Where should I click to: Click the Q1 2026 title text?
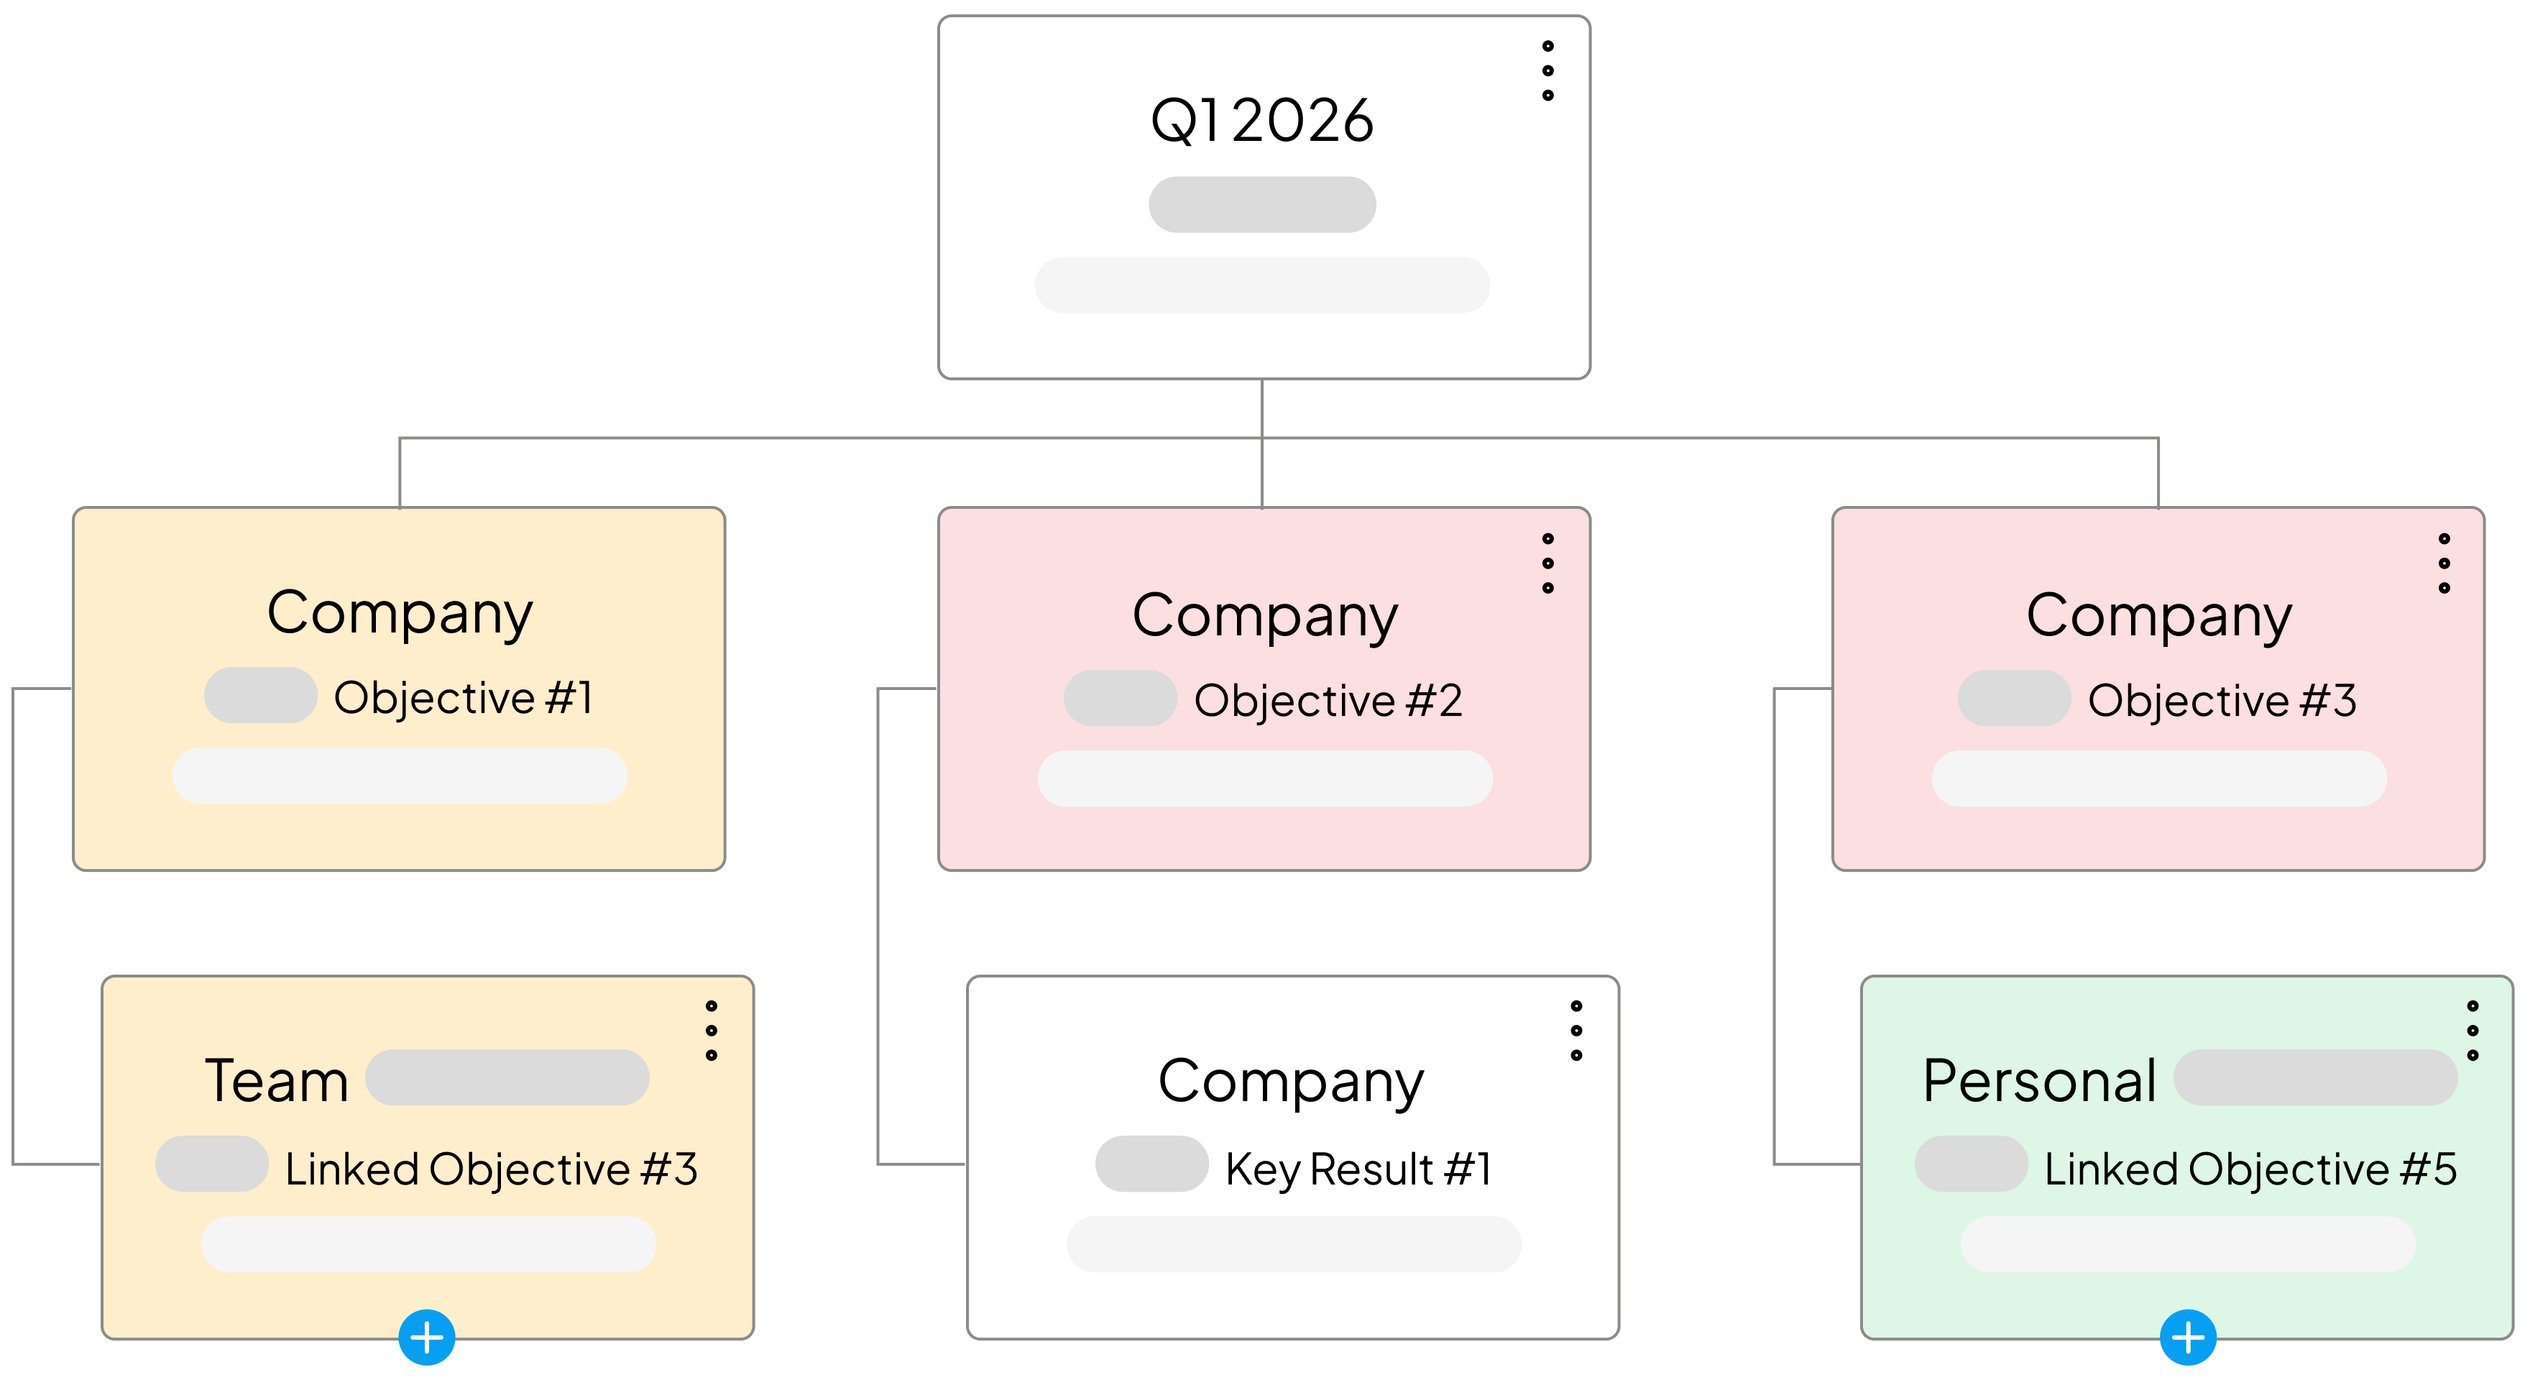pyautogui.click(x=1261, y=121)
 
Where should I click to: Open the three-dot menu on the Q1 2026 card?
pyautogui.click(x=1548, y=70)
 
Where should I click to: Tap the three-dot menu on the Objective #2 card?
pyautogui.click(x=1548, y=563)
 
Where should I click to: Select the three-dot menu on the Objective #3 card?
pyautogui.click(x=2444, y=563)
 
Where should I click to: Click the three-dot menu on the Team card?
pyautogui.click(x=711, y=1031)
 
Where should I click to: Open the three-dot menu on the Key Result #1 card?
pyautogui.click(x=1576, y=1031)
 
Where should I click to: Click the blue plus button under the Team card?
pyautogui.click(x=426, y=1337)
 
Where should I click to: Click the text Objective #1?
pyautogui.click(x=463, y=699)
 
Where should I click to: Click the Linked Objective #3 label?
pyautogui.click(x=491, y=1169)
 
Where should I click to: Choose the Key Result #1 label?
pyautogui.click(x=1358, y=1169)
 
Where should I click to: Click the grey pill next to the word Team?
pyautogui.click(x=507, y=1077)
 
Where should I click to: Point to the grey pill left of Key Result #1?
pyautogui.click(x=1151, y=1164)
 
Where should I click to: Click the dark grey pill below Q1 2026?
pyautogui.click(x=1262, y=204)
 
